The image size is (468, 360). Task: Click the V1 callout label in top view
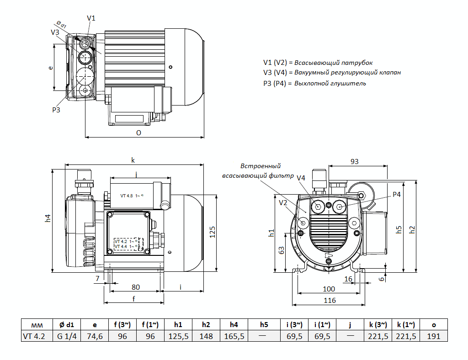pyautogui.click(x=91, y=18)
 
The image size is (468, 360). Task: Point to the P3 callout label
pyautogui.click(x=56, y=110)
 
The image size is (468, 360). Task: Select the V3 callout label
pyautogui.click(x=55, y=32)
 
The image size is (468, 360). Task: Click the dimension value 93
pyautogui.click(x=355, y=161)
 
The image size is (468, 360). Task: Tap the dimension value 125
pyautogui.click(x=212, y=232)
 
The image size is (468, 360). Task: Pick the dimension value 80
pyautogui.click(x=136, y=287)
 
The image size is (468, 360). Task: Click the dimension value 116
pyautogui.click(x=330, y=300)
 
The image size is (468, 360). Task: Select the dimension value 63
pyautogui.click(x=282, y=250)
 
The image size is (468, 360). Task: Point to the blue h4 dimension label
pyautogui.click(x=48, y=218)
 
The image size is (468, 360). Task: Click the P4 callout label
pyautogui.click(x=396, y=194)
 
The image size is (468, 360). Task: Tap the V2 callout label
pyautogui.click(x=283, y=202)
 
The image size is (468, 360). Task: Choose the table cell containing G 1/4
pyautogui.click(x=66, y=337)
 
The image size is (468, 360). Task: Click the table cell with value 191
pyautogui.click(x=433, y=337)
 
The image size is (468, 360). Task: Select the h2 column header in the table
pyautogui.click(x=206, y=325)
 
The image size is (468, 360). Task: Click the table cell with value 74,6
pyautogui.click(x=95, y=337)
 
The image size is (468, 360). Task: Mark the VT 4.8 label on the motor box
pyautogui.click(x=127, y=196)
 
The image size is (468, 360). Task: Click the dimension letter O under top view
pyautogui.click(x=138, y=132)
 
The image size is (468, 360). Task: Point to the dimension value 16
pyautogui.click(x=348, y=279)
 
